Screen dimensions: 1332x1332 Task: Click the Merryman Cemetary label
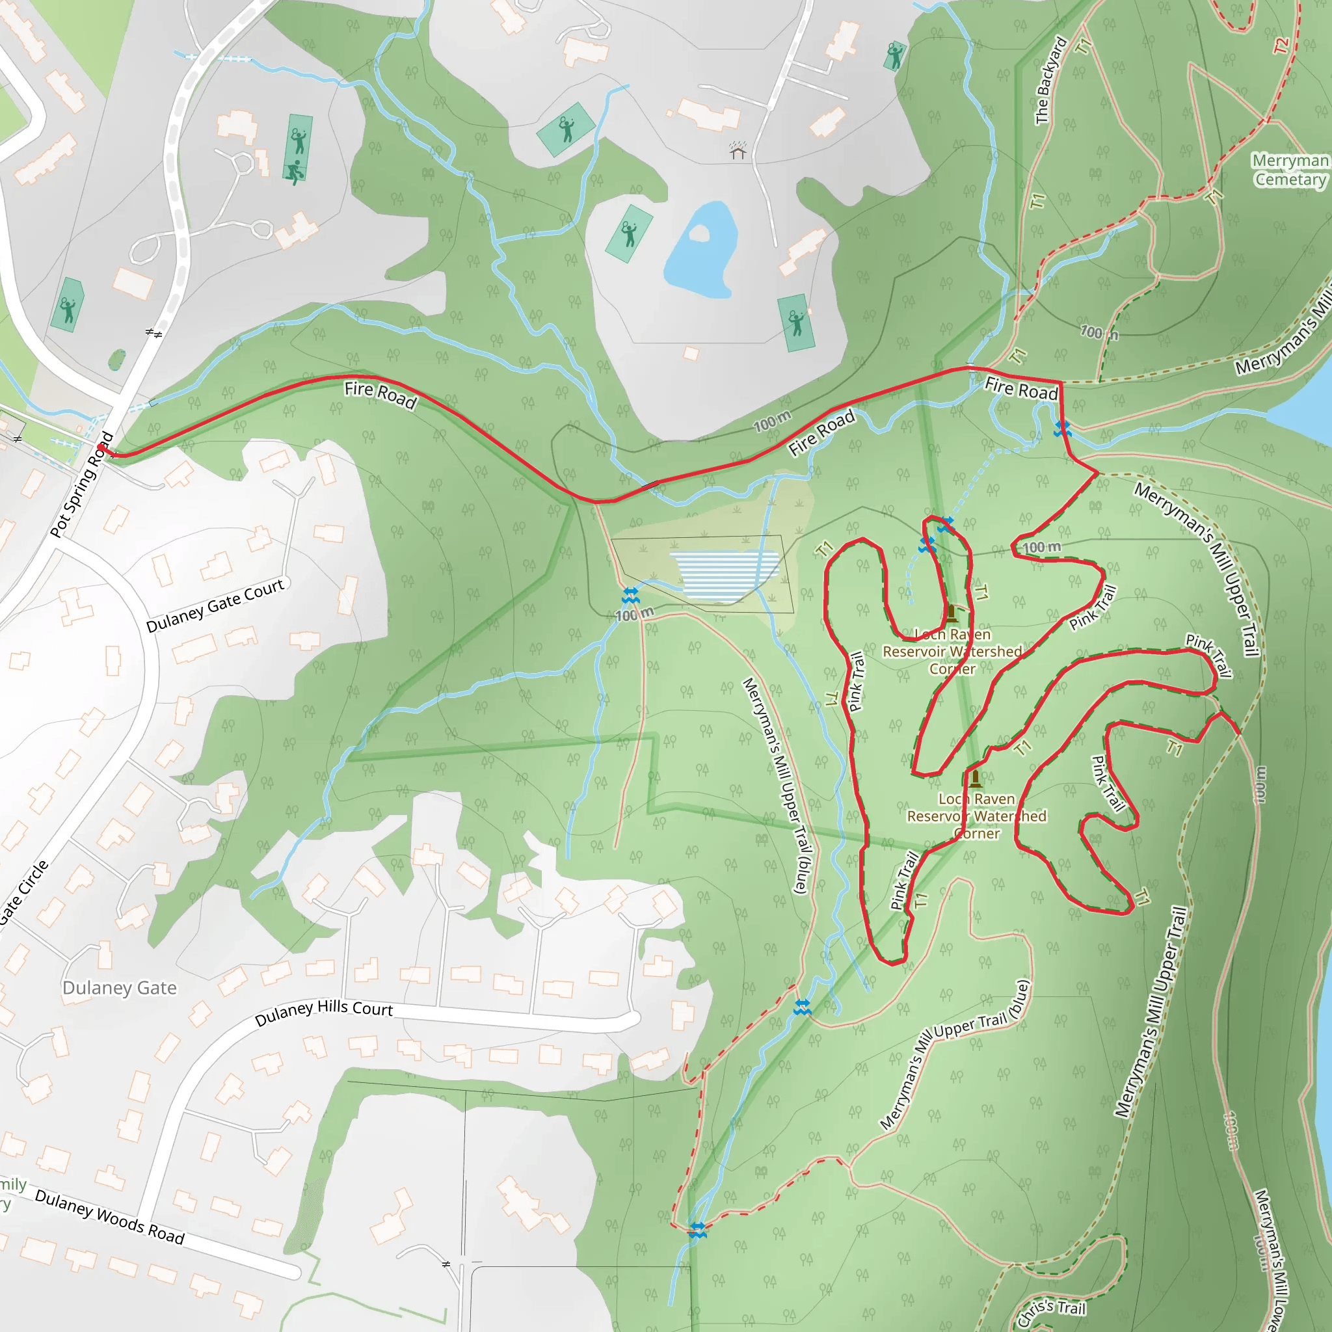(x=1290, y=170)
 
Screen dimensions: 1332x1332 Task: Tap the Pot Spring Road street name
(x=82, y=484)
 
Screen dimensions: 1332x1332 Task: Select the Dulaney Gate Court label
(x=215, y=606)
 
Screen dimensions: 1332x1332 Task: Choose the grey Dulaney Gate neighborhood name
(x=119, y=988)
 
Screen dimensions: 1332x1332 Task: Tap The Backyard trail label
(x=1051, y=81)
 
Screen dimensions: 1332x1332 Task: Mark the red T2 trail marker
(x=1280, y=46)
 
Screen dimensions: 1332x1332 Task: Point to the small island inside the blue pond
(x=699, y=233)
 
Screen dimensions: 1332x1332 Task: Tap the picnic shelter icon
(x=738, y=150)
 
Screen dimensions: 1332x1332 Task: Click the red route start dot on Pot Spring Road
(x=101, y=448)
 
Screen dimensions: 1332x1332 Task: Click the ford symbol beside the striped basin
(x=630, y=595)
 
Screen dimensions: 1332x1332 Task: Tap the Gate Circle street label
(x=24, y=891)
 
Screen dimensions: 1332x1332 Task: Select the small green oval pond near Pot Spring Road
(x=117, y=359)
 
